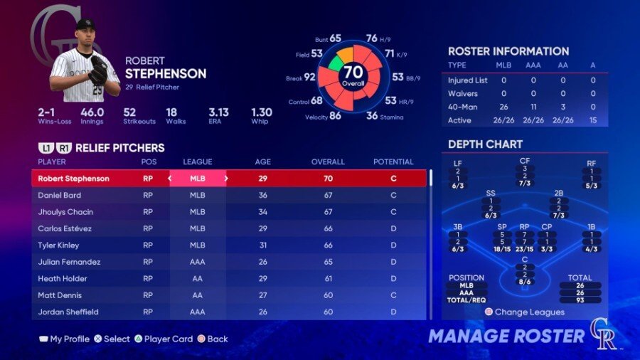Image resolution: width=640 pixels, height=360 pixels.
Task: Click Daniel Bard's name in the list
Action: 60,195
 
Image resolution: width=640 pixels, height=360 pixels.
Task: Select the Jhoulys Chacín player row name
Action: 65,212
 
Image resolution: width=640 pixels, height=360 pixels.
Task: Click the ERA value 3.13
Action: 218,112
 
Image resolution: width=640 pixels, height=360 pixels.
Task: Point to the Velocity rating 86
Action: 334,115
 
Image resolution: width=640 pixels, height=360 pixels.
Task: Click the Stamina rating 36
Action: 372,115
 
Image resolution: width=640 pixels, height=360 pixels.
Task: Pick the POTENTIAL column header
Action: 393,162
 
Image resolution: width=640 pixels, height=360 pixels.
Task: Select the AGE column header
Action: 263,162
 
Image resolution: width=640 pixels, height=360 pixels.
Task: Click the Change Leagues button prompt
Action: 525,312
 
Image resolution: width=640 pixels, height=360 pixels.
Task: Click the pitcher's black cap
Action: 85,24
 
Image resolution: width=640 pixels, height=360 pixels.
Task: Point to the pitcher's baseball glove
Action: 98,70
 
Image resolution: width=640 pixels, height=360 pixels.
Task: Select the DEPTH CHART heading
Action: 485,144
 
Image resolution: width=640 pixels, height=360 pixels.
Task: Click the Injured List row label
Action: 467,80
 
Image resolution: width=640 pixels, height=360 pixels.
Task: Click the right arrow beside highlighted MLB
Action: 226,179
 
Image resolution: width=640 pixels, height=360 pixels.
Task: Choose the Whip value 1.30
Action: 262,112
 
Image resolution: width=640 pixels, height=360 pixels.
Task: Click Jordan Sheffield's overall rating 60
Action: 328,312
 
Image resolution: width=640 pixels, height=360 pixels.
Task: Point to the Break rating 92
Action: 309,77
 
